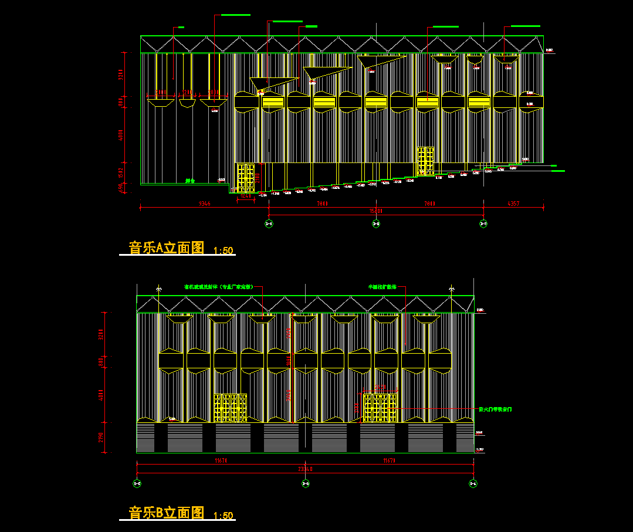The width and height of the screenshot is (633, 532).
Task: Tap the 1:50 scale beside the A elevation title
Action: [x=224, y=251]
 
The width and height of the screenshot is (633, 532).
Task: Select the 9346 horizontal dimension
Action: [x=204, y=204]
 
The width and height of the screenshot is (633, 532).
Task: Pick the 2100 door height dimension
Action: [x=258, y=178]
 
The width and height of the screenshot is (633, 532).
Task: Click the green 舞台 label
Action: [x=189, y=181]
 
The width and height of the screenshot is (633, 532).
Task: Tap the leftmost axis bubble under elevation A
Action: [x=269, y=223]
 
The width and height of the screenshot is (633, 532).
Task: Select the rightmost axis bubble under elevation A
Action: [x=483, y=223]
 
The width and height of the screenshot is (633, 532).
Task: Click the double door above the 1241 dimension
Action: [x=246, y=178]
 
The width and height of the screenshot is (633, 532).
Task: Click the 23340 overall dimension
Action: [x=305, y=469]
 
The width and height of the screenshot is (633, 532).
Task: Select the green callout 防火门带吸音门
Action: [x=496, y=409]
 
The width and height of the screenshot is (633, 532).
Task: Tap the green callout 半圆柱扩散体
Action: [x=382, y=287]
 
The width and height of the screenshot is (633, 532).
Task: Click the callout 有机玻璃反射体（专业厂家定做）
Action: [x=218, y=287]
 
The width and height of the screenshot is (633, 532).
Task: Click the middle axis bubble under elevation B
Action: [x=305, y=483]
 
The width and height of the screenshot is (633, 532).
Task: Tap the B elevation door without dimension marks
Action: [x=230, y=408]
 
